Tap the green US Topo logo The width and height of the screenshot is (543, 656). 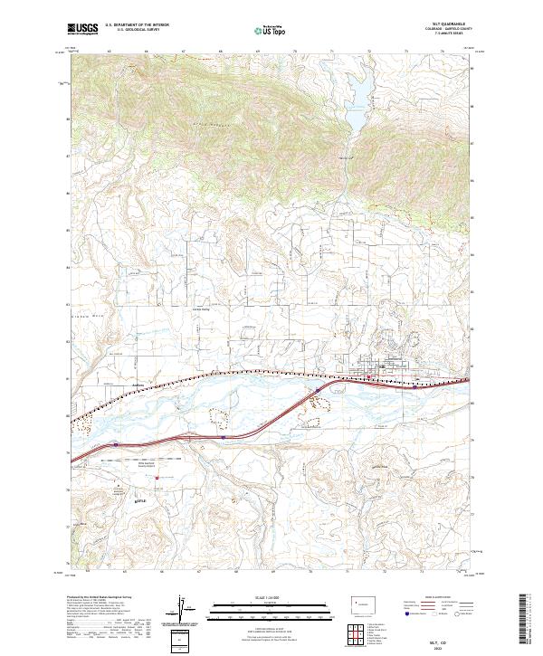pos(269,31)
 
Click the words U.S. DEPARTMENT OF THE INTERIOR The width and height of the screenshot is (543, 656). pos(136,26)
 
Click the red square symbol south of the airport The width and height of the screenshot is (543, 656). pos(157,479)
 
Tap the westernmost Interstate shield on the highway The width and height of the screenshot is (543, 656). pos(118,444)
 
